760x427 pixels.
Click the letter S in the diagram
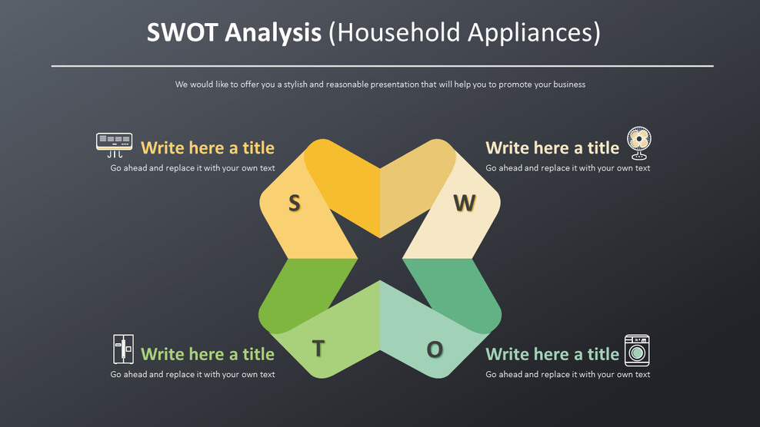coord(294,203)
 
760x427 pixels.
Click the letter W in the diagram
coord(464,203)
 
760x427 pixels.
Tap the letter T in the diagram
coord(318,349)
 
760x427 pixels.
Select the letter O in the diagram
coord(435,350)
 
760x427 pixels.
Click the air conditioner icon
coord(114,142)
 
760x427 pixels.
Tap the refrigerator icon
coord(123,349)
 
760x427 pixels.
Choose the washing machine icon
coord(637,349)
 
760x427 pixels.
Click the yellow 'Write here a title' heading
coord(207,147)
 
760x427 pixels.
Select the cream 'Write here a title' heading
coord(552,147)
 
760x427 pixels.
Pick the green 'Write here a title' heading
coord(207,354)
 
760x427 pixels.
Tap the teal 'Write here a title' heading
coord(552,354)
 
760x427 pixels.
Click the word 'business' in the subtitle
coord(568,84)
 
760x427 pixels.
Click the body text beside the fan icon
coord(567,168)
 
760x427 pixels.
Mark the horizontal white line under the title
coord(382,66)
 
